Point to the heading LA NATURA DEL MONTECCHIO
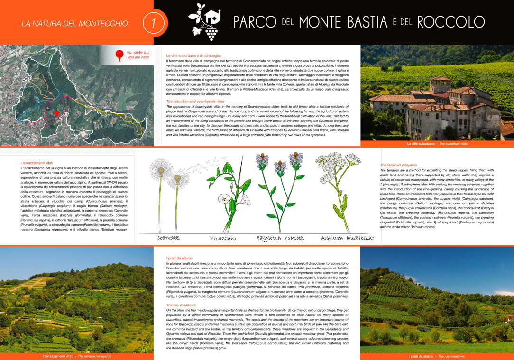(74, 23)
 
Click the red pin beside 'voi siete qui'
(119, 56)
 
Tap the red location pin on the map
(56, 114)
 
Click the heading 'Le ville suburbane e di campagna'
(193, 56)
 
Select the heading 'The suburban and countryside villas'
(195, 102)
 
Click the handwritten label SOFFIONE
(165, 238)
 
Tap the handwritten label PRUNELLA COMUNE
(280, 238)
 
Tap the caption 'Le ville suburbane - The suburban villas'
(437, 143)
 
